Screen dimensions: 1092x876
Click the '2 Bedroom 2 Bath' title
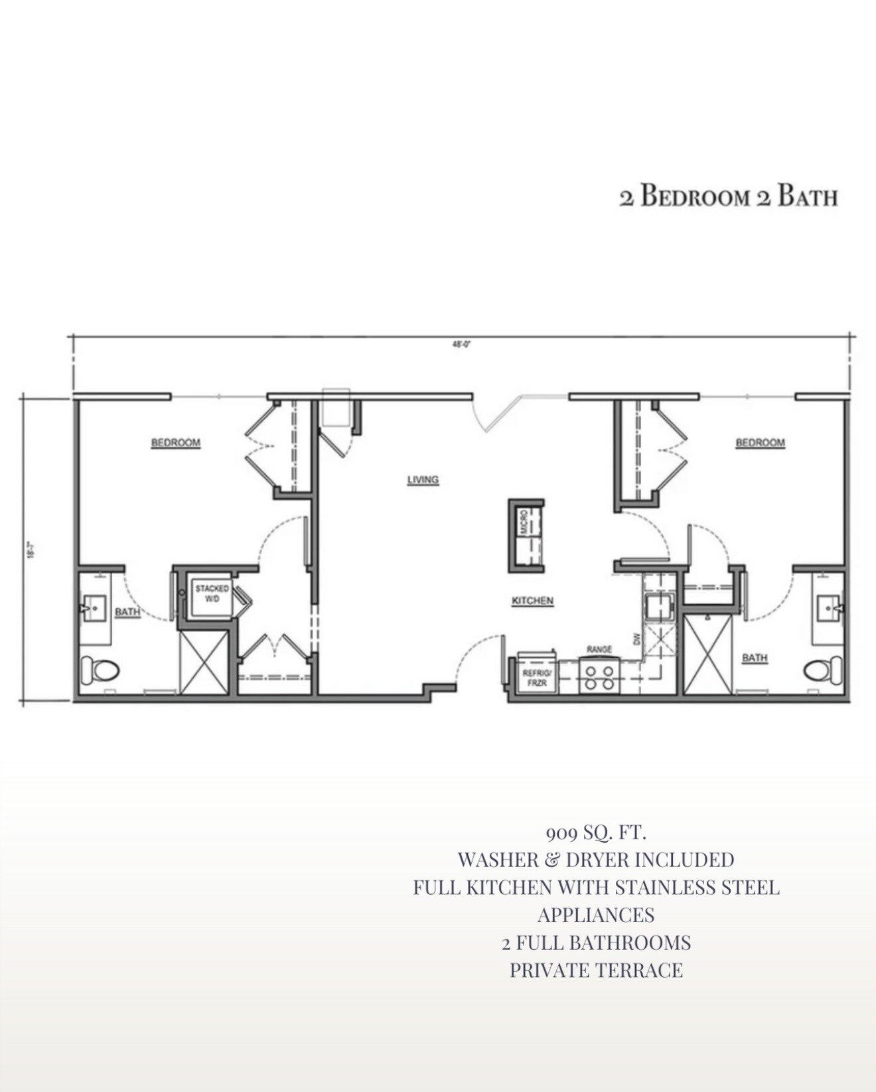click(728, 197)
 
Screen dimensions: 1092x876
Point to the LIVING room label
click(423, 479)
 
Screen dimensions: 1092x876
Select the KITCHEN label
click(532, 601)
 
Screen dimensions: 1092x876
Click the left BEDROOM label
click(175, 443)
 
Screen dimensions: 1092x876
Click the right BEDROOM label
click(760, 443)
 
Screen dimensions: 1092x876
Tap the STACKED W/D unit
click(211, 597)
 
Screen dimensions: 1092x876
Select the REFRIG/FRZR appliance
click(536, 676)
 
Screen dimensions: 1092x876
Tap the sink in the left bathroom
click(94, 607)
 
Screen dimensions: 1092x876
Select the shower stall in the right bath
click(707, 655)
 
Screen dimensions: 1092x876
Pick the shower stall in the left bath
click(204, 663)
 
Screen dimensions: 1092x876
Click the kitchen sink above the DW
click(659, 606)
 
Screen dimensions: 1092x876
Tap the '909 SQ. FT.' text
click(595, 832)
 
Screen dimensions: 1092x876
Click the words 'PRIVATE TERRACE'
click(595, 970)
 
